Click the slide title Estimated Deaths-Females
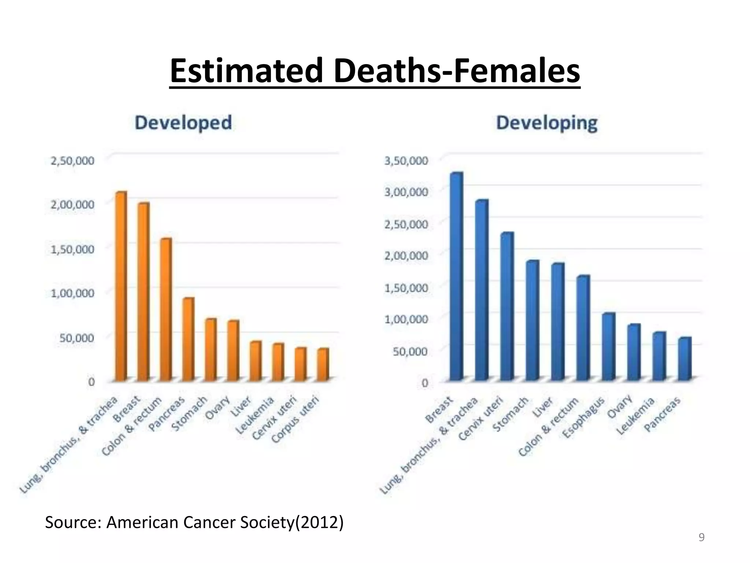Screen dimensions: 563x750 tap(375, 71)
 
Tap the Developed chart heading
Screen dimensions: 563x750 tap(183, 122)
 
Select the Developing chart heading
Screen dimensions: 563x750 tap(546, 123)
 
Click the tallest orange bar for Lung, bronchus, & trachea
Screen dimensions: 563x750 tap(121, 286)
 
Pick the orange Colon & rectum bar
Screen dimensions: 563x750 tap(166, 310)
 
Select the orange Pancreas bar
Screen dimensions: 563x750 tap(188, 339)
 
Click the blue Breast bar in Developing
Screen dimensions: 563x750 tap(456, 277)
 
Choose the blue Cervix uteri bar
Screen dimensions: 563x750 tap(507, 306)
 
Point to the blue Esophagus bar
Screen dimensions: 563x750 tap(608, 347)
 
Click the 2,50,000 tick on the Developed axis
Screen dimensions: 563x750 tap(73, 161)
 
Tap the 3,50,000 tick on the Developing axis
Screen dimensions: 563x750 tap(406, 161)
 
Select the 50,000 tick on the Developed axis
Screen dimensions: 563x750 tap(77, 338)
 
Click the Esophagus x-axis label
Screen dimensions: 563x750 tap(583, 417)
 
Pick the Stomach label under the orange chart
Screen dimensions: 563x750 tap(189, 413)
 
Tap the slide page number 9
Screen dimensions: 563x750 tap(701, 537)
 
